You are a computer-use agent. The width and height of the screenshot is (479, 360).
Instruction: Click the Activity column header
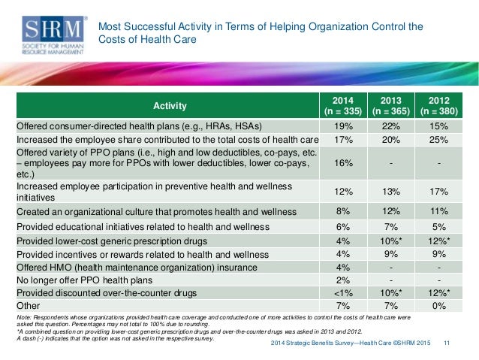(170, 106)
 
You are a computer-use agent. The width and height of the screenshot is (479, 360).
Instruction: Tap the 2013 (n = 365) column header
(391, 106)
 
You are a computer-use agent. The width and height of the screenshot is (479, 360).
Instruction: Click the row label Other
(29, 304)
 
